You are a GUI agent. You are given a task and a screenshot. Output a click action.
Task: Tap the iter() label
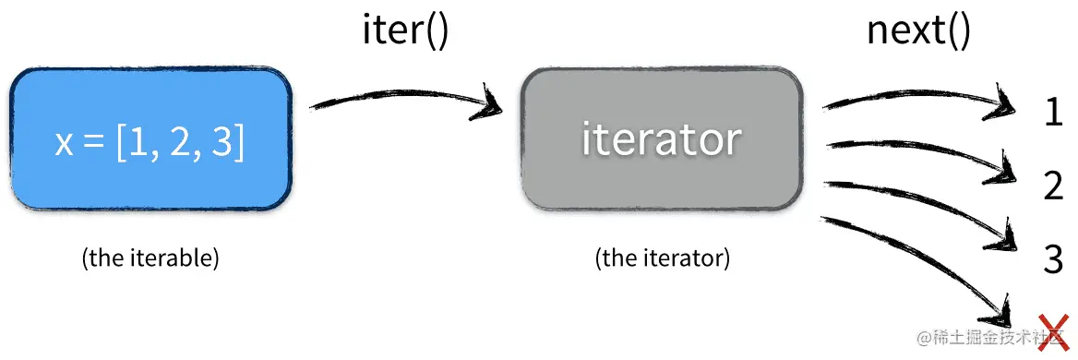point(404,31)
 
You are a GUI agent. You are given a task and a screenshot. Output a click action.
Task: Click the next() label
point(918,31)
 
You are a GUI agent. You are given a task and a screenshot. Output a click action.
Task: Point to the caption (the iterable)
point(150,258)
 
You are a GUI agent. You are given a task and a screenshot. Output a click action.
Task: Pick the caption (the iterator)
point(663,258)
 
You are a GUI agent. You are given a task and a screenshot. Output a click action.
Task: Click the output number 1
point(1053,113)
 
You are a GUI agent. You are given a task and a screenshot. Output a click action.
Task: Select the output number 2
point(1053,186)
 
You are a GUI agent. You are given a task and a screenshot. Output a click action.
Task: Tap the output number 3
point(1053,259)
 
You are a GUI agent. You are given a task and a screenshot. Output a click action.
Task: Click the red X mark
point(1052,330)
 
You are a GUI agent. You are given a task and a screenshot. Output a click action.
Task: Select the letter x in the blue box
point(64,145)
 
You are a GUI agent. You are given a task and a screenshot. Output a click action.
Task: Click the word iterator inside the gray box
point(662,139)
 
